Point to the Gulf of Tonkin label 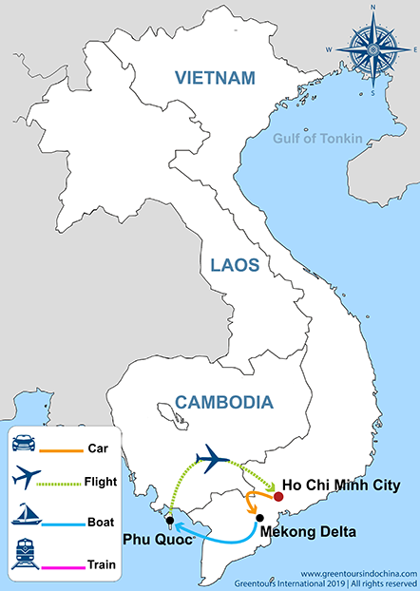click(x=317, y=139)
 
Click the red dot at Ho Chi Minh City click(x=278, y=497)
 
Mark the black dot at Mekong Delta click(x=258, y=518)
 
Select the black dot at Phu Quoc click(x=168, y=521)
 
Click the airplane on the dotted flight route click(x=213, y=460)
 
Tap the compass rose click(x=372, y=42)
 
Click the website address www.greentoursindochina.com click(x=360, y=574)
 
